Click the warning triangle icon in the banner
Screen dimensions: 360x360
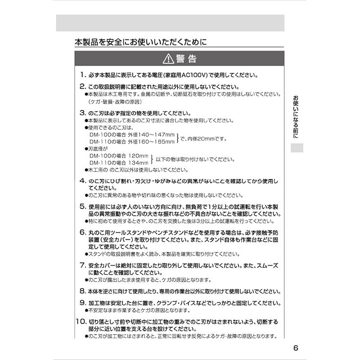click(168, 59)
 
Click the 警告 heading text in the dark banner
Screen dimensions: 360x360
click(186, 59)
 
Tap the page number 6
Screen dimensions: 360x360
click(296, 348)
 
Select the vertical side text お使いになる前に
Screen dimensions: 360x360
click(295, 117)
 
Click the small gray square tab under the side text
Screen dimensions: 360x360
click(295, 148)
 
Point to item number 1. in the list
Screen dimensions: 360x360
click(83, 75)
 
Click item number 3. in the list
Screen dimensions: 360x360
click(83, 112)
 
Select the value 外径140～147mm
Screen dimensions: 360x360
click(151, 135)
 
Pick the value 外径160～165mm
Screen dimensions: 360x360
click(151, 142)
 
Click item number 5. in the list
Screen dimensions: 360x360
click(83, 206)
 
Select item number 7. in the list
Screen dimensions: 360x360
click(83, 265)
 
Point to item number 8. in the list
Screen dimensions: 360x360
click(83, 291)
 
